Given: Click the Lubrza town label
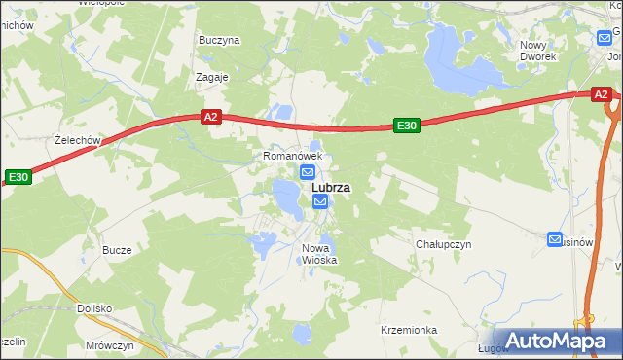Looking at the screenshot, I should click(x=331, y=188).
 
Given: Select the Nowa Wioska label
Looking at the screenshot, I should click(x=318, y=253).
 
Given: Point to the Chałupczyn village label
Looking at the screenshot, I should click(x=443, y=244).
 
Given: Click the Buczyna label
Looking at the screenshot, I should click(x=219, y=41).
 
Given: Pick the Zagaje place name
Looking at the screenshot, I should click(x=211, y=77).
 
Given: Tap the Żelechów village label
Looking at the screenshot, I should click(x=79, y=140).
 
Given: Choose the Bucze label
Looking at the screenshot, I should click(x=117, y=250).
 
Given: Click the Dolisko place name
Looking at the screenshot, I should click(x=94, y=308).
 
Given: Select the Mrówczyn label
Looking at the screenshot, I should click(x=109, y=345).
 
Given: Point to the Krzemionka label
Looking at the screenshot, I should click(x=409, y=330).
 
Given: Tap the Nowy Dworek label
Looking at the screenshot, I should click(x=537, y=51).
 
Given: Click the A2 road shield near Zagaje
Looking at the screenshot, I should click(x=211, y=117).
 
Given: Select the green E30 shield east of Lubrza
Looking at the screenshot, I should click(x=406, y=126).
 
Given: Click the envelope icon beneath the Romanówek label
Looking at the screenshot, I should click(x=307, y=172).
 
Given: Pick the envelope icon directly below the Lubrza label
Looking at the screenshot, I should click(x=321, y=201).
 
